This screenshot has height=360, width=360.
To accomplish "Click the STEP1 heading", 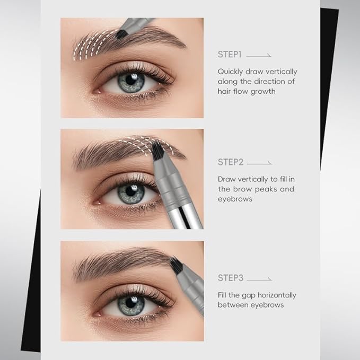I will coord(229,54).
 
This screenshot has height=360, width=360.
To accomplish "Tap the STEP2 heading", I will coord(230,162).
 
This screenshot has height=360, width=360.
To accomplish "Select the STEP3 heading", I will coord(230,277).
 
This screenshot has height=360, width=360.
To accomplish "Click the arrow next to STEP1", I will coord(259,55).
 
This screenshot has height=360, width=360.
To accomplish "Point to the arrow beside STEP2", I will coord(259,163).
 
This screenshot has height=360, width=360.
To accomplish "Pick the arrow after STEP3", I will coord(259,278).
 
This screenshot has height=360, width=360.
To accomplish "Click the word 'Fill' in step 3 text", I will coord(223,295).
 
